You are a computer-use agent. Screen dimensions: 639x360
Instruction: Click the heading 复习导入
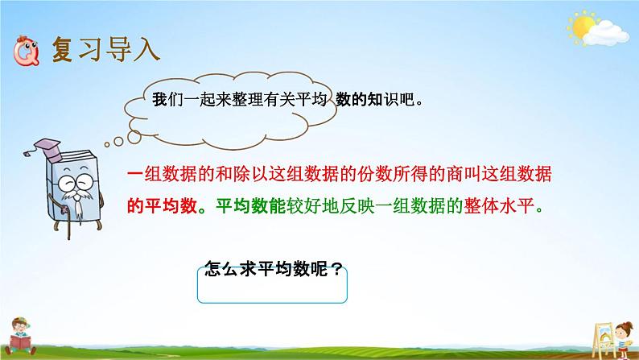[x=105, y=50]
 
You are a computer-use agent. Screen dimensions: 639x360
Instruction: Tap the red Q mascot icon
[x=26, y=51]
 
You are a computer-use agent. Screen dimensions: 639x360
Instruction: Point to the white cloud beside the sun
[x=606, y=33]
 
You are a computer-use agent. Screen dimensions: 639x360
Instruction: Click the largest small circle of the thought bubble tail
[x=134, y=137]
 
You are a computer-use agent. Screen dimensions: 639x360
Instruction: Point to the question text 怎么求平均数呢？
[x=273, y=269]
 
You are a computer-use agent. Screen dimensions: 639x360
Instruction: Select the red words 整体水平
[x=498, y=206]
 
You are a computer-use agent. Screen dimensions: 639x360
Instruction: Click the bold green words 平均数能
[x=250, y=206]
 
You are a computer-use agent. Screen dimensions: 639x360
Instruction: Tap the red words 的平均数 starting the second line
[x=163, y=206]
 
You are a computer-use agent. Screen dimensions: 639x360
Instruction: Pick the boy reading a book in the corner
[x=19, y=337]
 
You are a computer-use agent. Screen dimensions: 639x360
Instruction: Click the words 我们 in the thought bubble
[x=167, y=100]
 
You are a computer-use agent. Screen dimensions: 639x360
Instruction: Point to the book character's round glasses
[x=76, y=182]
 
